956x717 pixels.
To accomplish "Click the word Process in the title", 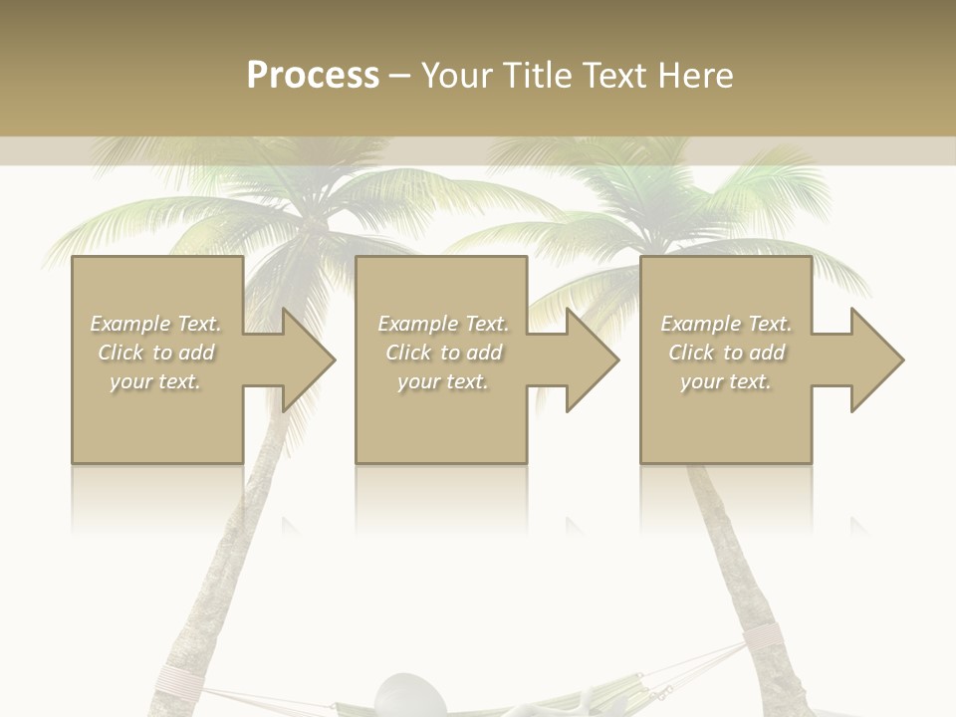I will point(313,76).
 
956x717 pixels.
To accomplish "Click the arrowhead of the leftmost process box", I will point(305,359).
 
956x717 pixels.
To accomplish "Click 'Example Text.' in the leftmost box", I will point(156,324).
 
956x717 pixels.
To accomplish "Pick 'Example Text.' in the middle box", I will point(443,324).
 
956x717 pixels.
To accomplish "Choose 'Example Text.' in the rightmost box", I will point(726,324).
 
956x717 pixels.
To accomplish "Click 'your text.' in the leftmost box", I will point(156,381).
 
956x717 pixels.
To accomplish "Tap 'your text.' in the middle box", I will point(443,381).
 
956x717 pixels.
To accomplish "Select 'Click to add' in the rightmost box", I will point(726,353).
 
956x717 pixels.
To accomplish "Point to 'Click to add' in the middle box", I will point(443,353).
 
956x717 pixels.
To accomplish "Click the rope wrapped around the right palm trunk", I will point(766,637).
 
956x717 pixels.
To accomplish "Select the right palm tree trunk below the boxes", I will point(737,558).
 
